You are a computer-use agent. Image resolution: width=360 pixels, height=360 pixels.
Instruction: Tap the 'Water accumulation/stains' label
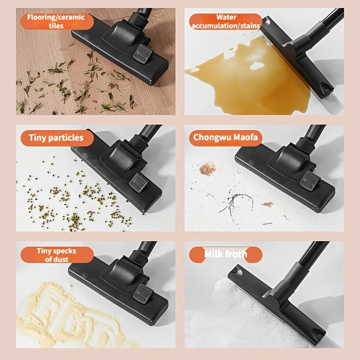226,22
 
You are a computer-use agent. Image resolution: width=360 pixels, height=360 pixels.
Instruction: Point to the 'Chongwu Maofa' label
225,138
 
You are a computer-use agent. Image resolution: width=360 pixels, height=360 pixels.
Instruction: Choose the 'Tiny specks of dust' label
57,255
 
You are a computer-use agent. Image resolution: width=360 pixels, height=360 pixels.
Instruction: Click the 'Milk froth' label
225,254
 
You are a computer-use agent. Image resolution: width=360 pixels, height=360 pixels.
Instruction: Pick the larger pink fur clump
207,168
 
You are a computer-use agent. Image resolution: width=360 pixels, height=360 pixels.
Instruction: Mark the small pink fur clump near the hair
267,204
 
